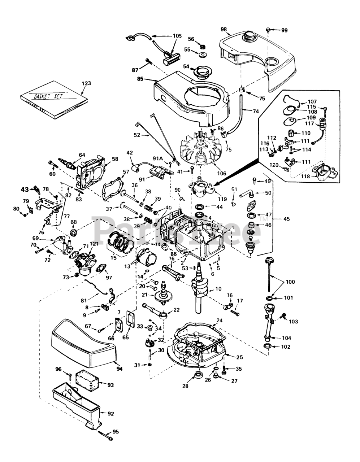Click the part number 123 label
[x=86, y=83]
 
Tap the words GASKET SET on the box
[x=49, y=96]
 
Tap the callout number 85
[x=140, y=79]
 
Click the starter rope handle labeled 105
[x=172, y=57]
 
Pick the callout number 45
[x=287, y=218]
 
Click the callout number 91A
[x=158, y=158]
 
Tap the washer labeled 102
[x=266, y=346]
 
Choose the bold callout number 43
[x=25, y=189]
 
